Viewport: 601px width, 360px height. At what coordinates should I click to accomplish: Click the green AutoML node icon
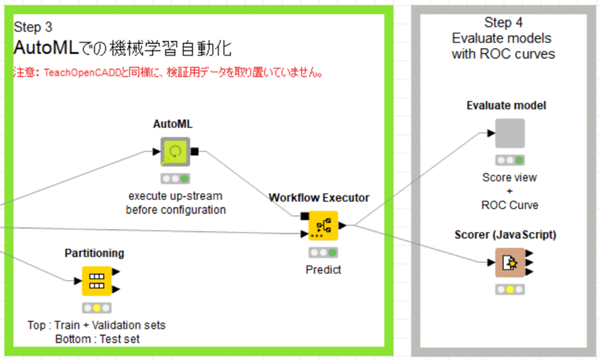(x=175, y=152)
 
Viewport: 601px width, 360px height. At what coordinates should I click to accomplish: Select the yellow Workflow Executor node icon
(x=323, y=226)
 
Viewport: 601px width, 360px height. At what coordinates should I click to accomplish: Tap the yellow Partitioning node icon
(x=96, y=281)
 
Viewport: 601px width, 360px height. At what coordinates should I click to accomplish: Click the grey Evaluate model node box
(x=510, y=134)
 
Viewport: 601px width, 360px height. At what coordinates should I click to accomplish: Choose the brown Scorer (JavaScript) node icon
(x=510, y=263)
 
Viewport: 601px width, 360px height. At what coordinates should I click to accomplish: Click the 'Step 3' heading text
(x=33, y=27)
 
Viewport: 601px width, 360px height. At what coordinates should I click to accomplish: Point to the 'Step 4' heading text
(x=503, y=22)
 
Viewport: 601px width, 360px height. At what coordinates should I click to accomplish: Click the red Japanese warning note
(x=168, y=72)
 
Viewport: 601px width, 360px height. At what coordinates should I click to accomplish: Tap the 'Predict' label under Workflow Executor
(x=323, y=270)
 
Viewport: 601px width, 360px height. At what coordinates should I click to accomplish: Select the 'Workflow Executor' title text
(x=319, y=197)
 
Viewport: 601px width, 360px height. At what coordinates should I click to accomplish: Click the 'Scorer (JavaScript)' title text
(x=505, y=235)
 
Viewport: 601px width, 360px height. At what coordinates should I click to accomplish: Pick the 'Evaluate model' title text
(x=506, y=105)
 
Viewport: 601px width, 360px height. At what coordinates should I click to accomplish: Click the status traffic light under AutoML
(x=175, y=178)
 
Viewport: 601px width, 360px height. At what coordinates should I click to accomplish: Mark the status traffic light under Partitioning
(x=96, y=308)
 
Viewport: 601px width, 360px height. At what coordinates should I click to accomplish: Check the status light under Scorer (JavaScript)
(x=510, y=289)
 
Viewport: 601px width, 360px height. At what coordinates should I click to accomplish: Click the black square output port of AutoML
(x=194, y=152)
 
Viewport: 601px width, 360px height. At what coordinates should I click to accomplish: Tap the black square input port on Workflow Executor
(x=305, y=216)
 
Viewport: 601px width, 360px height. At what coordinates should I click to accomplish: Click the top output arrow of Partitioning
(x=116, y=272)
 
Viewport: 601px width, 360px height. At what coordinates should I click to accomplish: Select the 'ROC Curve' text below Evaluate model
(x=510, y=205)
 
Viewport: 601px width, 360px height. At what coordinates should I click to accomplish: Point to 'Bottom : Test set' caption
(x=98, y=339)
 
